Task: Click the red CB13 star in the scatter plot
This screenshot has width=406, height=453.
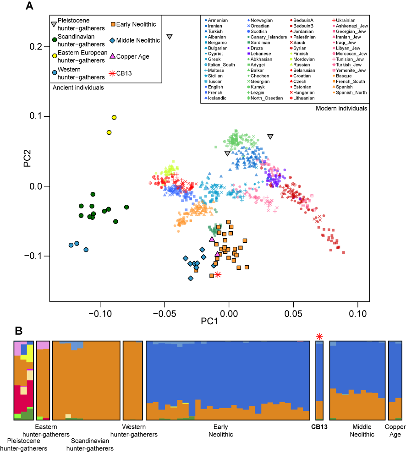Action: click(218, 275)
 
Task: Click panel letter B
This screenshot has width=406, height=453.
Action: click(19, 330)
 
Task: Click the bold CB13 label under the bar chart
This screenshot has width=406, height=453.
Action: click(319, 427)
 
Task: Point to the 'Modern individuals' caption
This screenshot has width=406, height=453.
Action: click(341, 109)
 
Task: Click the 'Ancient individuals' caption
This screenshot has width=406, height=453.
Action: click(78, 87)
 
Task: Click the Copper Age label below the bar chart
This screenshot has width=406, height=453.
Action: click(395, 431)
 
